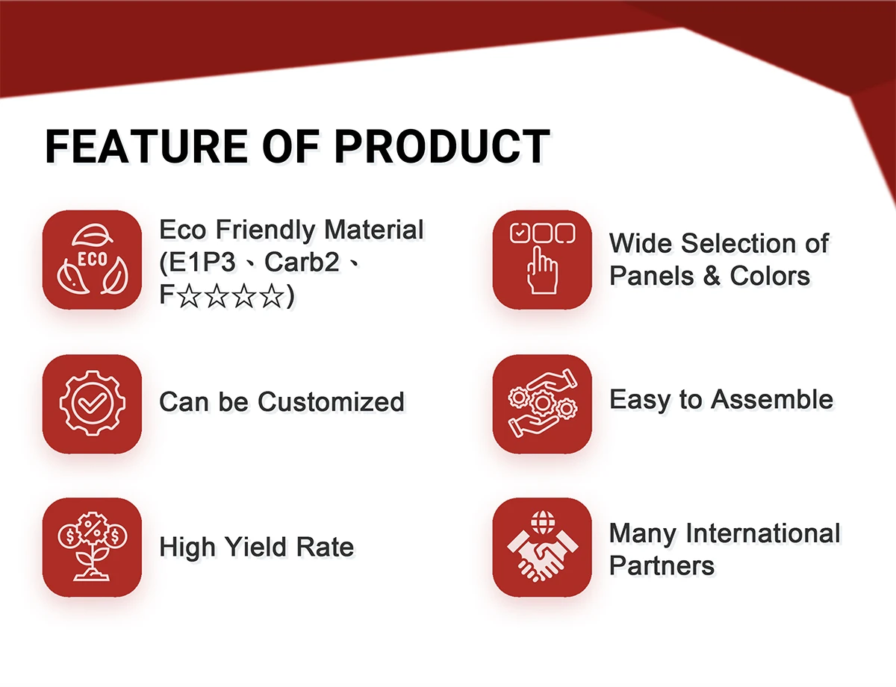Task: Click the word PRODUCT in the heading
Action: (441, 146)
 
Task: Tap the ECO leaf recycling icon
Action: (92, 260)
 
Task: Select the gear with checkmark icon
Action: (92, 404)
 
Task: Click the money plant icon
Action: (92, 547)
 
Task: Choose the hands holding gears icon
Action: (542, 404)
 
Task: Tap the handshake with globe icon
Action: (542, 547)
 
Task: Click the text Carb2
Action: (302, 262)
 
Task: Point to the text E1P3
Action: (202, 263)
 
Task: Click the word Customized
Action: (331, 401)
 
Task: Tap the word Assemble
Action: (772, 399)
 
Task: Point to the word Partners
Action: (662, 565)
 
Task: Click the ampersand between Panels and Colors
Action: (712, 275)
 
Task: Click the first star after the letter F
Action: (190, 295)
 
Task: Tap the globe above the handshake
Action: (543, 522)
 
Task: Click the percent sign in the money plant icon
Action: (92, 528)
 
